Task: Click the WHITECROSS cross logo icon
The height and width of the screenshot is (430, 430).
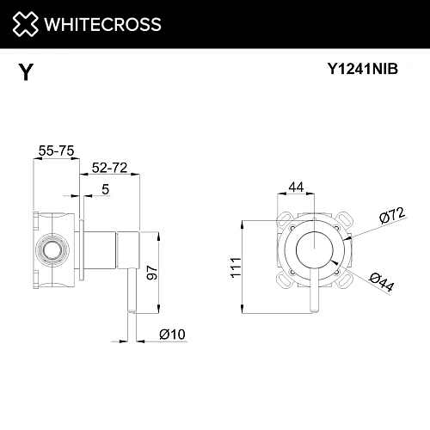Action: (x=26, y=23)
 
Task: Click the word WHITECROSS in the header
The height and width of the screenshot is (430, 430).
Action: (x=103, y=24)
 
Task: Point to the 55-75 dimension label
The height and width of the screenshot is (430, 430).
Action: (x=54, y=150)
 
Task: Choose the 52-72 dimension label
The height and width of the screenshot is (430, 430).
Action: (x=109, y=169)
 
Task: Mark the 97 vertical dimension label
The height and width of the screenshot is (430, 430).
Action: (x=152, y=273)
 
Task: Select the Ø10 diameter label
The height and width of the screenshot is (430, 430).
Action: (x=172, y=335)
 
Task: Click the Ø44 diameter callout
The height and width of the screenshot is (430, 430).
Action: (x=380, y=281)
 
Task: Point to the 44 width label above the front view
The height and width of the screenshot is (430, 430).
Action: (x=296, y=187)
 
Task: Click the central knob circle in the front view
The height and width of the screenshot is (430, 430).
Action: (x=314, y=251)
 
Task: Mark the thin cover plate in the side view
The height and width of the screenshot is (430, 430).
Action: (x=81, y=252)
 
